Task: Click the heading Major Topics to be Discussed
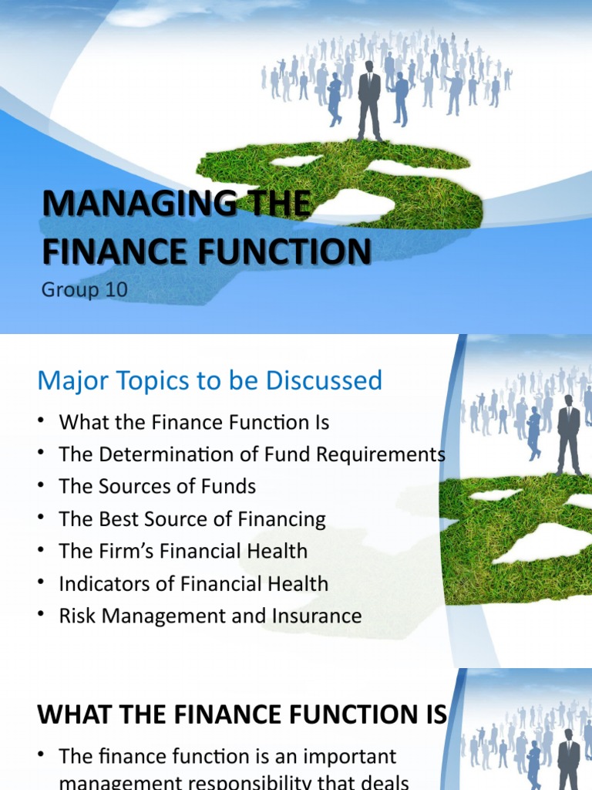(x=210, y=380)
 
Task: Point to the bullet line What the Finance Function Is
(x=194, y=423)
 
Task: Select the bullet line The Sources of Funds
(x=157, y=487)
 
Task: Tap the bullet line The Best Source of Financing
(x=193, y=519)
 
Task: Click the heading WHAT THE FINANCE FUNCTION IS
(x=242, y=714)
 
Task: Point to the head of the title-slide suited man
(x=369, y=67)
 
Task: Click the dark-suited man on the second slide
(x=569, y=435)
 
